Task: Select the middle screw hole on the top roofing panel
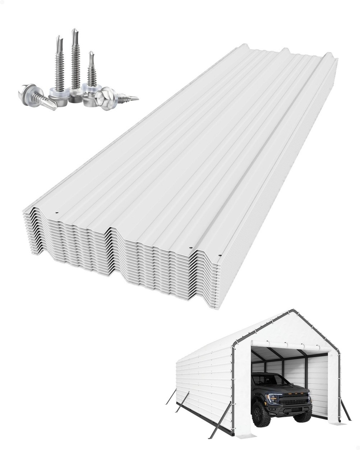point(191,247)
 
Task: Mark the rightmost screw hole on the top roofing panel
point(220,255)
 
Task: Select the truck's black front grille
point(293,399)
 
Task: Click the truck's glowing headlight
point(273,398)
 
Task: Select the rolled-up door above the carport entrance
point(287,346)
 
